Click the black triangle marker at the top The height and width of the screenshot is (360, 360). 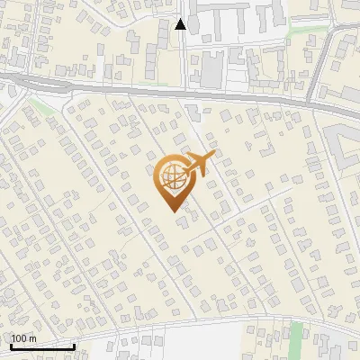[181, 24]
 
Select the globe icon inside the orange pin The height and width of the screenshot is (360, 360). [171, 177]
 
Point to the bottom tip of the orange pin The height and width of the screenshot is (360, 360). [171, 211]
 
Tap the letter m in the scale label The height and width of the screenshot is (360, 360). [33, 338]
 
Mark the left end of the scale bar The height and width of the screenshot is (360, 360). [10, 346]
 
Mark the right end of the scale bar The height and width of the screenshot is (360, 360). [75, 346]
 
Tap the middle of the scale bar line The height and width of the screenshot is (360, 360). [42, 346]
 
